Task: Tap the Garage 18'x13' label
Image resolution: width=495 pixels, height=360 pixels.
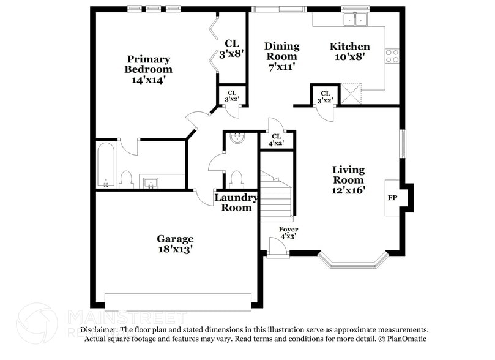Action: pyautogui.click(x=175, y=244)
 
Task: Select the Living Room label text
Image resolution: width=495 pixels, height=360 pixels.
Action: pyautogui.click(x=348, y=179)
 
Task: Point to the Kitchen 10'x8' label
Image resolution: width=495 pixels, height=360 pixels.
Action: pyautogui.click(x=349, y=51)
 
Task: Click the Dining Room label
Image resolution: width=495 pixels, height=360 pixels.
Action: pyautogui.click(x=281, y=56)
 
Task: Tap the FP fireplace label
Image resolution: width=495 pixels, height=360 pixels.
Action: pyautogui.click(x=392, y=198)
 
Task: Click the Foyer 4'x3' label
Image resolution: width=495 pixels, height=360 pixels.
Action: pyautogui.click(x=288, y=233)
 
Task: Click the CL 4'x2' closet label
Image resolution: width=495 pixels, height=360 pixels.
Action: pyautogui.click(x=276, y=140)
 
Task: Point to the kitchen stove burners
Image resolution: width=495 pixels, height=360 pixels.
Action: pyautogui.click(x=392, y=56)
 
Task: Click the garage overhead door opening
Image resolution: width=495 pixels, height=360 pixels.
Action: pyautogui.click(x=177, y=301)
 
